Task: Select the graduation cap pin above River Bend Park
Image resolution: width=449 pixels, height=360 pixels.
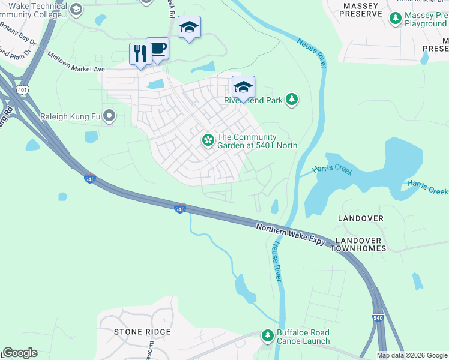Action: coord(243,87)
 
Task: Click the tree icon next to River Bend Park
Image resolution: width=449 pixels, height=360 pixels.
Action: coord(292,99)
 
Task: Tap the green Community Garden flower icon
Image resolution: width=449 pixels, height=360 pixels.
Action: coord(208,140)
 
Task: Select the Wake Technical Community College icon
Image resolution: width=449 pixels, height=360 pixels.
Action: coord(76,9)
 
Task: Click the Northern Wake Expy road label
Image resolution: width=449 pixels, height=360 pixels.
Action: coord(291,235)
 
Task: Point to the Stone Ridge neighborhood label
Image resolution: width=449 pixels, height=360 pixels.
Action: coord(143,332)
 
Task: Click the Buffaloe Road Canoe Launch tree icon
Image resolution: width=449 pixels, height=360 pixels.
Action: coord(268,336)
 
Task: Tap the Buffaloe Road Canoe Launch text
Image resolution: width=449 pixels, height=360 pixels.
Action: coord(303,337)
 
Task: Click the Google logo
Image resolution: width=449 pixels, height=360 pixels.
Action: coord(20,353)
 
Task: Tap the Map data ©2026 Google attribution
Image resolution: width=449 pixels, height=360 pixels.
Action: coord(411,355)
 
